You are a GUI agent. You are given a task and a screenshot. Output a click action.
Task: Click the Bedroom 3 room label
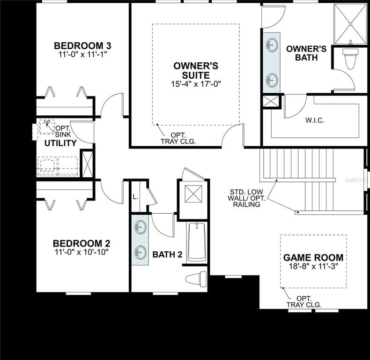pos(82,45)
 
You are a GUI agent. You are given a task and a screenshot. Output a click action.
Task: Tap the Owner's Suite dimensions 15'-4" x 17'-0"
pos(196,84)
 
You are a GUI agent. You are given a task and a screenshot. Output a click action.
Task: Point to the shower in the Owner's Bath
pos(350,23)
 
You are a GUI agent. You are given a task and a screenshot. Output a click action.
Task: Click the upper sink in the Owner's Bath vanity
pos(271,46)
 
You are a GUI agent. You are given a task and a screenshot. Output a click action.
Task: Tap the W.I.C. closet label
pos(315,120)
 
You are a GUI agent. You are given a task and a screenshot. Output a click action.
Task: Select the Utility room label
pos(60,143)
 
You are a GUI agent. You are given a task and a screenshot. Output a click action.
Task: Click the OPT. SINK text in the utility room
pos(62,131)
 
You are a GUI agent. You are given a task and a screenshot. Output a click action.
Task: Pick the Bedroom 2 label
pos(81,243)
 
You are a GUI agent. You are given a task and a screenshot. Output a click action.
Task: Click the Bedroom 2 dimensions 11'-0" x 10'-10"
pos(81,252)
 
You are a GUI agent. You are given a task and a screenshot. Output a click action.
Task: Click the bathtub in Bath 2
pos(197,242)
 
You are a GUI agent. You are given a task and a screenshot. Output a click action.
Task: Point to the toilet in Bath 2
pos(197,278)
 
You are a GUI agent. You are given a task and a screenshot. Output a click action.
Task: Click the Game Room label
pos(313,257)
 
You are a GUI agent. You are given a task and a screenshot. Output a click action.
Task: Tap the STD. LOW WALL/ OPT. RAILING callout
pos(247,198)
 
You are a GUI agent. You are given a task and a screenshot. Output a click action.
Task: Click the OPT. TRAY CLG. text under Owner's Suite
pos(178,138)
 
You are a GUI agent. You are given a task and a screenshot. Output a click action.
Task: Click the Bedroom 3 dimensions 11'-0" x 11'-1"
pos(82,54)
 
